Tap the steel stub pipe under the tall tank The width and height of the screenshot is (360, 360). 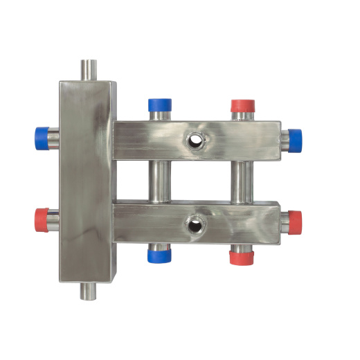pos(89,291)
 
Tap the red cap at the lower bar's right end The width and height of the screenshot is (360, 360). pos(295,221)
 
